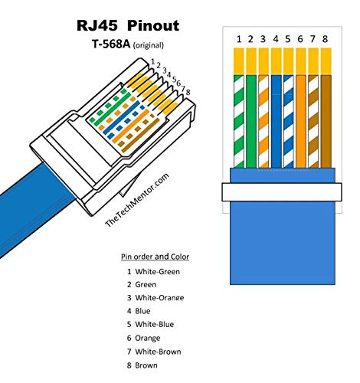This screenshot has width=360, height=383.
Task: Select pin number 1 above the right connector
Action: (240, 39)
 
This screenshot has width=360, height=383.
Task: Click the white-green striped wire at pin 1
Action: (240, 123)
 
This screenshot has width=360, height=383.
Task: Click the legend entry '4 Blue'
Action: (139, 311)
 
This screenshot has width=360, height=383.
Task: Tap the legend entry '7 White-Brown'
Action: (153, 352)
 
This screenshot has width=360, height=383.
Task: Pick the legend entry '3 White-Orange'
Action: (155, 297)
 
